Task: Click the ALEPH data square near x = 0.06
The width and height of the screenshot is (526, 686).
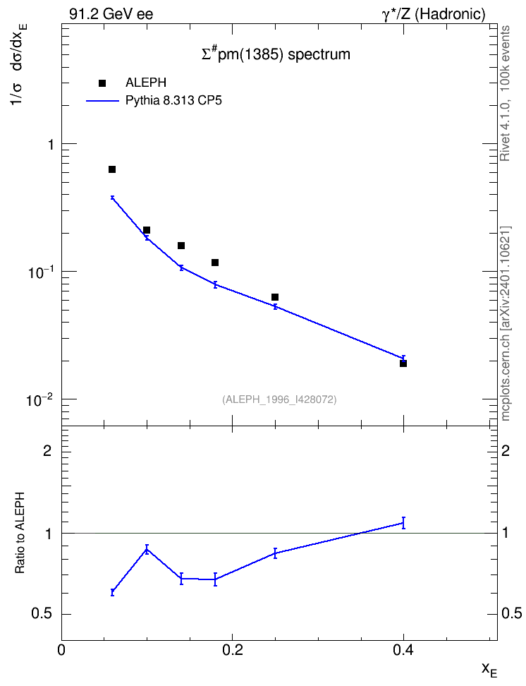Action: pos(112,169)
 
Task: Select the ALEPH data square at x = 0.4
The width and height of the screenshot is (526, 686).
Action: pos(403,363)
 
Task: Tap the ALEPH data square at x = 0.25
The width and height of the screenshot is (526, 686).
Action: pos(275,297)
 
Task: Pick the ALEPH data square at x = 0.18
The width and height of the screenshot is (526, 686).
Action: pos(215,263)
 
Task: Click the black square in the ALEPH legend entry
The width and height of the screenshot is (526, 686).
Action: pos(102,83)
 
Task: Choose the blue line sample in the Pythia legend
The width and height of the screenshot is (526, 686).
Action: pos(102,101)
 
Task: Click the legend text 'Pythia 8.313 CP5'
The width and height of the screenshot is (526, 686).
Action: pos(173,101)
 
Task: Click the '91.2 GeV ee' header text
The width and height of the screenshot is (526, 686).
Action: pos(111,14)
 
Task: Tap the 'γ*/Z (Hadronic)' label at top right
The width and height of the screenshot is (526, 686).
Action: pos(434,14)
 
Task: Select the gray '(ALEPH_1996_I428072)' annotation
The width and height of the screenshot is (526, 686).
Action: pos(279,399)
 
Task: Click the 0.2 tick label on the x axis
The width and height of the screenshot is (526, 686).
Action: pos(232,650)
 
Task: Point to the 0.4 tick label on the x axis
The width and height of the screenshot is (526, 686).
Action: pos(403,650)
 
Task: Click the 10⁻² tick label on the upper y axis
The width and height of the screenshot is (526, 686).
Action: pos(39,399)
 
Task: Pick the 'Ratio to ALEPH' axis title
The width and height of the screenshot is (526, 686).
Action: pos(20,533)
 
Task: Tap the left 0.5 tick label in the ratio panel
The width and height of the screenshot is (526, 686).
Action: pos(42,614)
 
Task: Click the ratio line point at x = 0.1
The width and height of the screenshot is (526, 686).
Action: pos(147,549)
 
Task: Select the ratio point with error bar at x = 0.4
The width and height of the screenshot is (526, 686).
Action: pos(403,523)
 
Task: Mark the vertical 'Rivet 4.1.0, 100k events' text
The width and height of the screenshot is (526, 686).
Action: pos(505,93)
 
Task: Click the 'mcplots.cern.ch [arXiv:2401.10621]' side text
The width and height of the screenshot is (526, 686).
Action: pos(505,323)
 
